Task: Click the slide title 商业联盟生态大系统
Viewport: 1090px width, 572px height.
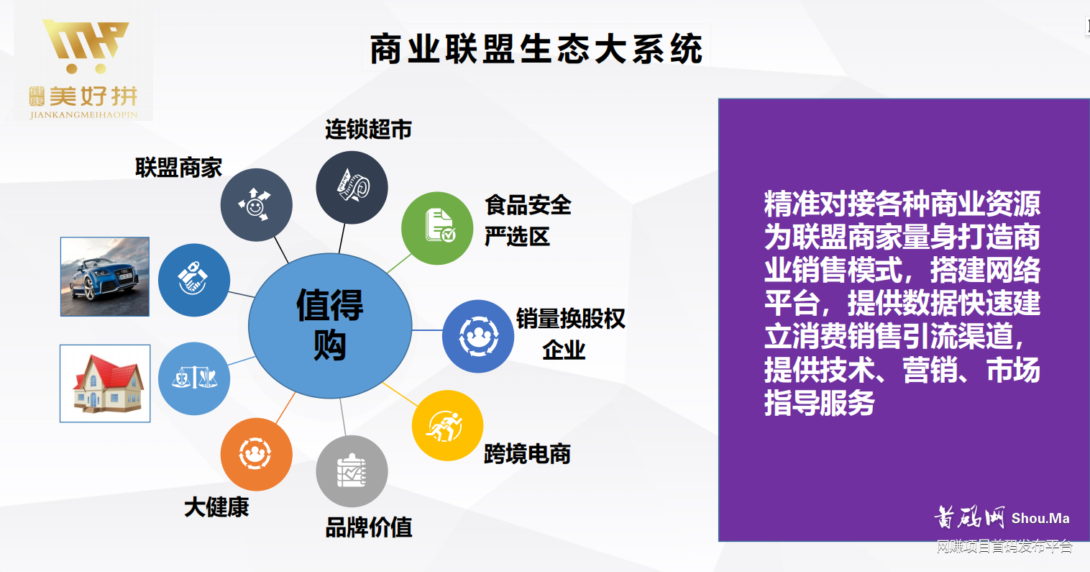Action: click(x=536, y=50)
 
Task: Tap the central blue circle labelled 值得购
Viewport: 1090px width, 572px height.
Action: click(x=330, y=325)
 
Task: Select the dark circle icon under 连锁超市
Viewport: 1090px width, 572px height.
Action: click(x=352, y=187)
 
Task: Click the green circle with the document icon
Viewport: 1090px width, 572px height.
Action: click(x=437, y=227)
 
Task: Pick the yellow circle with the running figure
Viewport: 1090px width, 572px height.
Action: click(x=447, y=425)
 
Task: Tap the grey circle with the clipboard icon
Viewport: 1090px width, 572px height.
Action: click(x=352, y=471)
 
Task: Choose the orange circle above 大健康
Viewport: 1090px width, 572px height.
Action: click(x=256, y=454)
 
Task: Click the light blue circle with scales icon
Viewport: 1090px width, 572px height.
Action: click(x=194, y=378)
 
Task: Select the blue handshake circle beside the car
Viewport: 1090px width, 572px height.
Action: click(x=193, y=280)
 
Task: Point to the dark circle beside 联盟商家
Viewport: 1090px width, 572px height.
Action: click(x=256, y=204)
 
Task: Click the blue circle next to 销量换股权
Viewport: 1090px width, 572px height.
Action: click(x=477, y=336)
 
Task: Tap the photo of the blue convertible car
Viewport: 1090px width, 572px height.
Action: click(x=105, y=277)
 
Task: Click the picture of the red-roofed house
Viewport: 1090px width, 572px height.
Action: click(x=105, y=383)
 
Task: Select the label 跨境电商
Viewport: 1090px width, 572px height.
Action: click(x=527, y=454)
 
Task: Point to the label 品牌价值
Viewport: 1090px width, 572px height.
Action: click(x=369, y=527)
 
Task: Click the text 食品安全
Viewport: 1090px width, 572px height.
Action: click(x=528, y=205)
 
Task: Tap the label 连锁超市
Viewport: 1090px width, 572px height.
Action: click(x=368, y=130)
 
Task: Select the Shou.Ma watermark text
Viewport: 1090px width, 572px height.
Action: click(x=1040, y=518)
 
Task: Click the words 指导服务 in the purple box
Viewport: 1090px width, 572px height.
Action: click(x=820, y=403)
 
